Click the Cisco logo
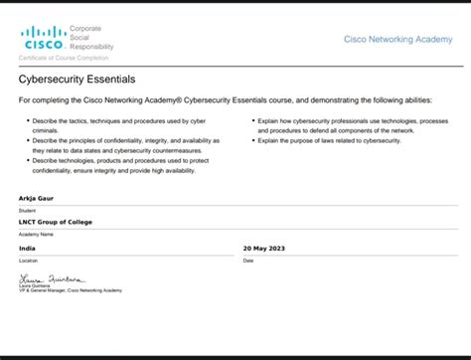pos(44,39)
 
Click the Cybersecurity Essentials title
pos(78,79)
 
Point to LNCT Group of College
pos(56,222)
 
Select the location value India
pos(28,248)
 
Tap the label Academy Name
pos(36,234)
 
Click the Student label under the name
pos(28,210)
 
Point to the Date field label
pos(248,260)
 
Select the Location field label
pos(29,260)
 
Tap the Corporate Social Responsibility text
pos(91,39)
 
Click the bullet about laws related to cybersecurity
pos(328,140)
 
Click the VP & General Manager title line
pos(70,290)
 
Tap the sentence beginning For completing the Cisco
pos(234,100)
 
